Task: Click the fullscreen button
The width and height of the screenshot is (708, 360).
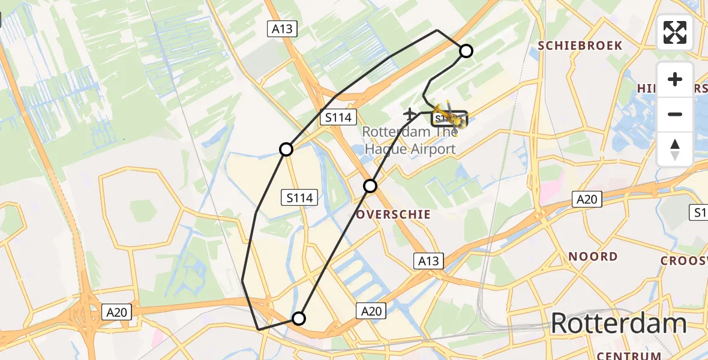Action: pyautogui.click(x=675, y=32)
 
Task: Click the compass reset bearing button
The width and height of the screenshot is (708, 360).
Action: pyautogui.click(x=675, y=150)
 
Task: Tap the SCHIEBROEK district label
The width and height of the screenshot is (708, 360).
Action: pyautogui.click(x=580, y=46)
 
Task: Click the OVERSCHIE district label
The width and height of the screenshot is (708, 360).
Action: pyautogui.click(x=394, y=214)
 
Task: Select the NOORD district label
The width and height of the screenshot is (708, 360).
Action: pyautogui.click(x=593, y=256)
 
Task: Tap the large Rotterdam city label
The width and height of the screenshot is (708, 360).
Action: pyautogui.click(x=618, y=323)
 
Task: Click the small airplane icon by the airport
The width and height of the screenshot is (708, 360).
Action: pyautogui.click(x=410, y=113)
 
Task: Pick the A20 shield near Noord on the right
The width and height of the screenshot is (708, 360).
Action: pyautogui.click(x=586, y=199)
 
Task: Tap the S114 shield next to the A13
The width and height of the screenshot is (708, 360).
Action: pyautogui.click(x=338, y=118)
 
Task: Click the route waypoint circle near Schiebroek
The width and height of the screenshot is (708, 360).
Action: pyautogui.click(x=466, y=51)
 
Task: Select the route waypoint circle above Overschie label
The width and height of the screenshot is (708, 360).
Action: pyautogui.click(x=370, y=186)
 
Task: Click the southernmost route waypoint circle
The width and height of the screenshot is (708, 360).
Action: pyautogui.click(x=299, y=318)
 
